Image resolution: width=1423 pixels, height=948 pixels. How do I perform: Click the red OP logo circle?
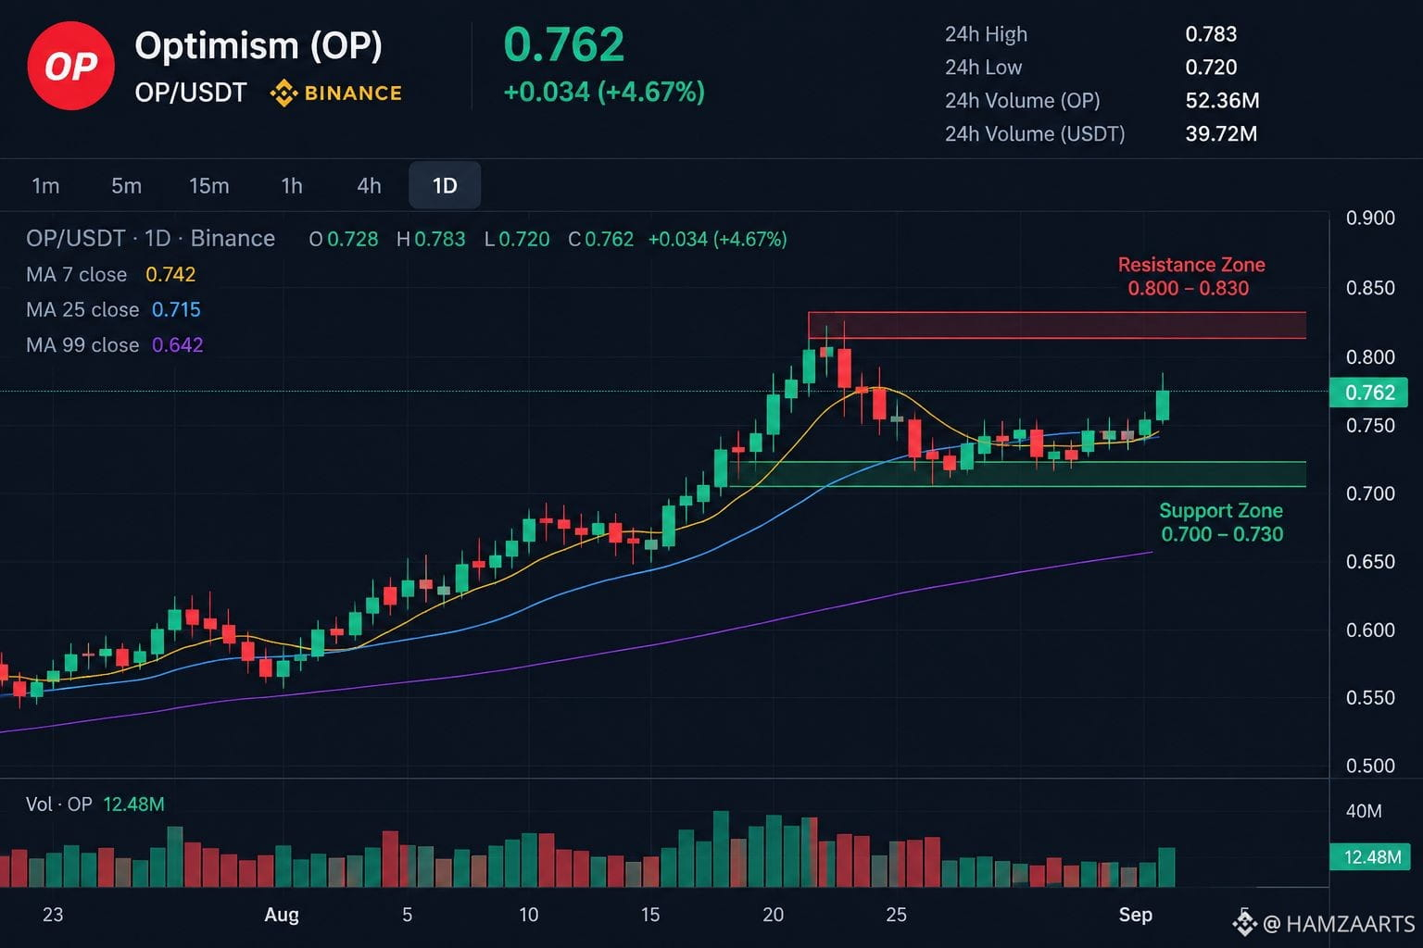click(70, 66)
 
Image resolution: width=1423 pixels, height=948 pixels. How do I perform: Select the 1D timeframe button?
click(445, 185)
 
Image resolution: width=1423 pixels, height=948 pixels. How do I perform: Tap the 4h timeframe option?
click(369, 185)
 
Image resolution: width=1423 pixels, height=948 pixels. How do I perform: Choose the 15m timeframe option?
click(209, 185)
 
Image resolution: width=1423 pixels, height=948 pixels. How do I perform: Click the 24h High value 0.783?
click(1211, 33)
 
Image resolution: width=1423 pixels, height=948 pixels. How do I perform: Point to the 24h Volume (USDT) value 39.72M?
click(1221, 133)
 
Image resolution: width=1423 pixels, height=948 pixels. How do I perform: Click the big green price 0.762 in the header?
click(563, 44)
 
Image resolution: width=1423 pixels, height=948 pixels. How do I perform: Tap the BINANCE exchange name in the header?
click(353, 94)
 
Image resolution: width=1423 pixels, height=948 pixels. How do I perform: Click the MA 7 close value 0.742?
click(170, 274)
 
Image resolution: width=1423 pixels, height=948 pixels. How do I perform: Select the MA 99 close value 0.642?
click(177, 344)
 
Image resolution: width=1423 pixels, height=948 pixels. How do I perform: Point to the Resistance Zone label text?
click(1191, 264)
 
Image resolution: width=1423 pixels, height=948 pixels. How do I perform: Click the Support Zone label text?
click(1220, 510)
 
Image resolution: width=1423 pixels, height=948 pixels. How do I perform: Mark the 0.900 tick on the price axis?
click(1370, 218)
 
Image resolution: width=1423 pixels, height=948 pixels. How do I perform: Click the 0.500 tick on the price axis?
click(1370, 765)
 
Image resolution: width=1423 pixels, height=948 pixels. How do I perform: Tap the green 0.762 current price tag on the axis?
click(1369, 393)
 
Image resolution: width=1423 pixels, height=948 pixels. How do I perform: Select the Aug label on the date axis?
click(282, 915)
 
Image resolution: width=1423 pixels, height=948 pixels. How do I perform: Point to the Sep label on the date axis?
click(1135, 915)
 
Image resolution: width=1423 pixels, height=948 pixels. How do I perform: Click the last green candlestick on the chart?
click(1163, 405)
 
